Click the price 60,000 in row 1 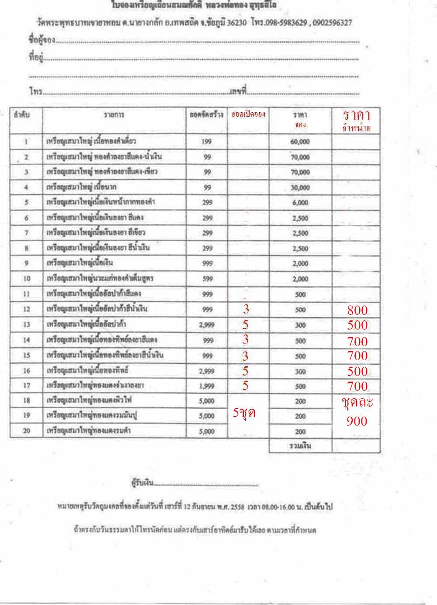click(x=300, y=142)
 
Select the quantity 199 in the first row click(x=207, y=142)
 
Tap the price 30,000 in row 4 click(x=300, y=188)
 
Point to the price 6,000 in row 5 click(x=300, y=202)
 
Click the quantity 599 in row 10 click(x=207, y=278)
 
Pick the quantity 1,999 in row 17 click(x=207, y=386)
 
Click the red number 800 click(x=357, y=310)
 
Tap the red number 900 click(x=357, y=421)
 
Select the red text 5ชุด click(x=244, y=413)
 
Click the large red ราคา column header click(x=357, y=115)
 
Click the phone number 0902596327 click(x=331, y=23)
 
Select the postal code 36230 click(x=238, y=23)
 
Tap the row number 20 click(x=26, y=431)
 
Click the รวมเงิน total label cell click(x=300, y=446)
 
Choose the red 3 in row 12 click(x=246, y=309)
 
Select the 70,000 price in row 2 click(x=300, y=157)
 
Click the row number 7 click(x=26, y=233)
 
